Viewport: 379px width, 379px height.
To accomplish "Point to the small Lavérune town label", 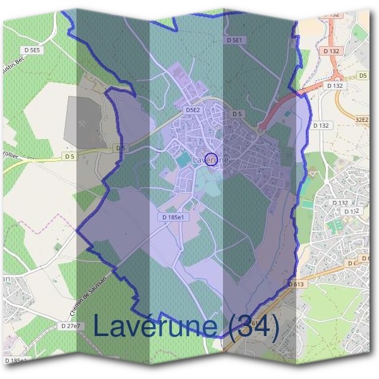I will click(208, 160).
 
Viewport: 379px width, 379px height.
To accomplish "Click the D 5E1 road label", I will click(234, 40).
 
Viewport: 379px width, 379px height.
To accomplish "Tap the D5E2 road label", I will click(193, 110).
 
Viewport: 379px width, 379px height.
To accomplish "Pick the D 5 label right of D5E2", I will click(237, 114).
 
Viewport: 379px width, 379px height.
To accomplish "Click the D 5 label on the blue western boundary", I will click(121, 148).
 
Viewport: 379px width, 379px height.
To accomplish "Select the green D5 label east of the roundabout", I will click(363, 76).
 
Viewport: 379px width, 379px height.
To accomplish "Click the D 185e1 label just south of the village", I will click(173, 217).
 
